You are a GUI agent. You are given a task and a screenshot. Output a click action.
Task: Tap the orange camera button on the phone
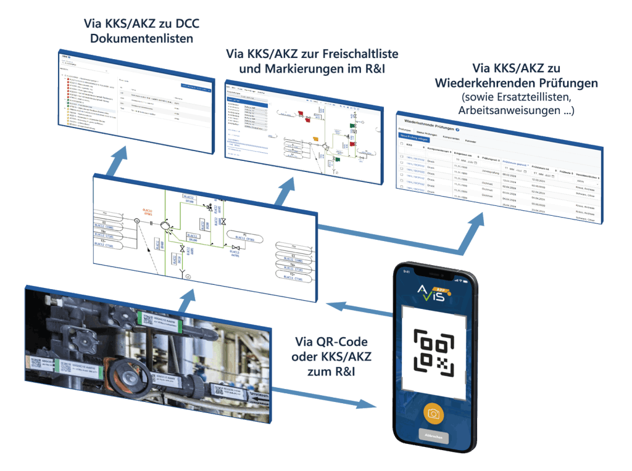tap(433, 413)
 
